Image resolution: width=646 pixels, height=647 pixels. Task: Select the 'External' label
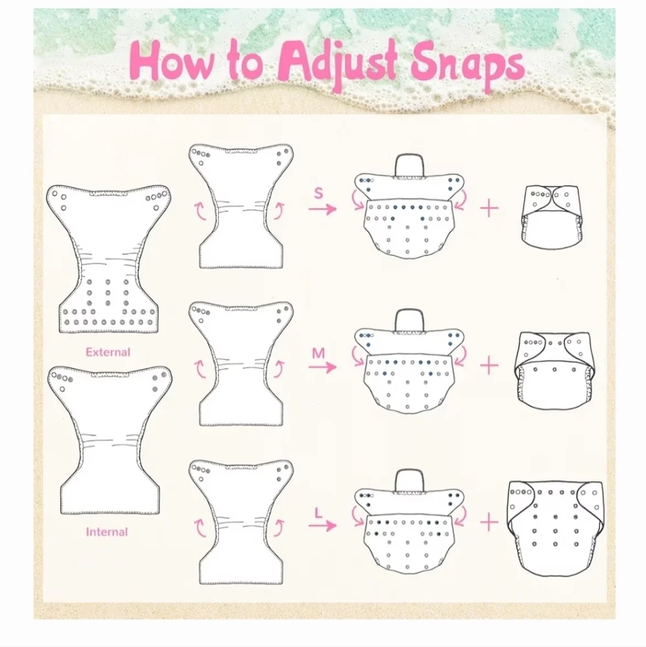(108, 352)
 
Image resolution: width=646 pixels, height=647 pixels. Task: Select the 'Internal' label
(107, 532)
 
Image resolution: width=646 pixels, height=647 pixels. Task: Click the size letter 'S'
(318, 193)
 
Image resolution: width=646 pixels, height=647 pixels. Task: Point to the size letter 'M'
(318, 353)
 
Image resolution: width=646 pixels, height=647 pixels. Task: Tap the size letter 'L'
(318, 513)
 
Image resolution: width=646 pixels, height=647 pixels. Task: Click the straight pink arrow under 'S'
(322, 209)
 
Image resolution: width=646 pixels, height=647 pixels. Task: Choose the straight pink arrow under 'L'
(322, 525)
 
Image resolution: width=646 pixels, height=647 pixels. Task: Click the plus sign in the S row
(489, 207)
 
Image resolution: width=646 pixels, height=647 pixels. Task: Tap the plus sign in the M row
(489, 365)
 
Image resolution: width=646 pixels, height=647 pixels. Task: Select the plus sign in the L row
(489, 522)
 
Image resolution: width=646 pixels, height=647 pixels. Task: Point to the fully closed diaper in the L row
(555, 528)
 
